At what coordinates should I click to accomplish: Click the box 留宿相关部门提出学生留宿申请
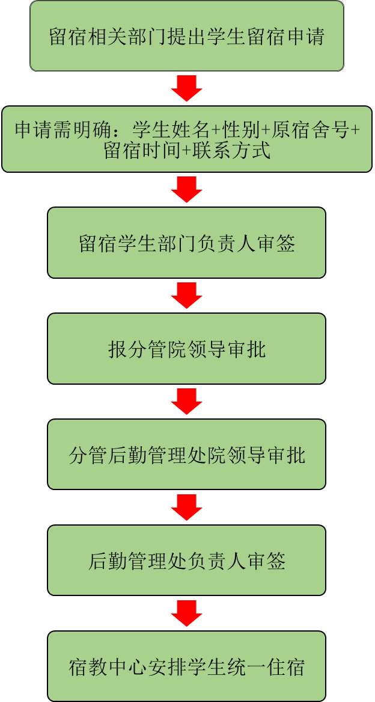[x=187, y=36]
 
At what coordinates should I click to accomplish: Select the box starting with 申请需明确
[x=187, y=139]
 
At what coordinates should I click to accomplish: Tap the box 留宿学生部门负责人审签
[x=187, y=243]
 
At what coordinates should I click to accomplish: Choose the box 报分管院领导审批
[x=187, y=349]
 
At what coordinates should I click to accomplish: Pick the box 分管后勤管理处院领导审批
[x=187, y=455]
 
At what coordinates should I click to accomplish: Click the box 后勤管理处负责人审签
[x=187, y=561]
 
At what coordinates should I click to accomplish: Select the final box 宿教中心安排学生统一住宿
[x=187, y=666]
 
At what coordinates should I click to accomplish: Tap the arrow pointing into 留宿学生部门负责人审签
[x=187, y=190]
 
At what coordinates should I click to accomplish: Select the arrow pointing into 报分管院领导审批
[x=187, y=296]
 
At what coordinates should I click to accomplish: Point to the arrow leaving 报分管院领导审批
[x=187, y=402]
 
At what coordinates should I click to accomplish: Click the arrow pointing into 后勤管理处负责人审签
[x=187, y=508]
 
